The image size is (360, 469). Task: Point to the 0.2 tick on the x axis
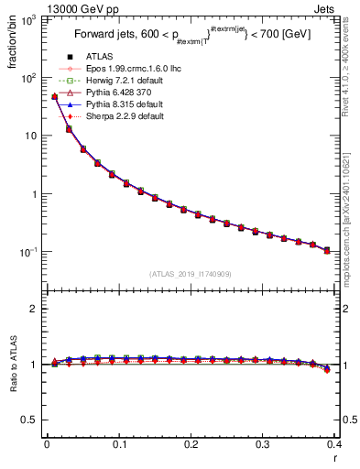191,443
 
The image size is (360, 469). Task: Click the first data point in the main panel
55,96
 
